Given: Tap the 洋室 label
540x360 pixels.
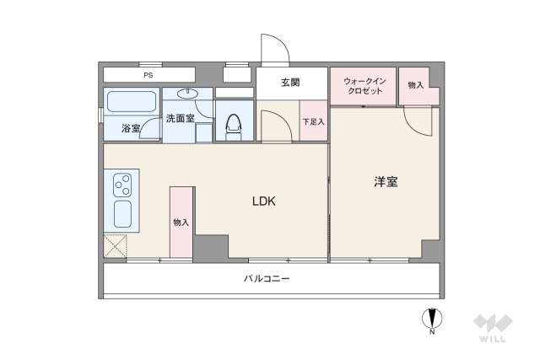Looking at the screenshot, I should [386, 181].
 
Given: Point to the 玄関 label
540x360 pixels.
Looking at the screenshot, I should [290, 82].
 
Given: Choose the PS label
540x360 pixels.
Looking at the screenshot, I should [148, 75].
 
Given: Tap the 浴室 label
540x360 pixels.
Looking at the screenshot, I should [131, 129].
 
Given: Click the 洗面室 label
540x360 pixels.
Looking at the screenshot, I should [180, 119].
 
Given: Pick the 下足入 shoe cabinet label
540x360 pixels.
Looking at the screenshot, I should [313, 122].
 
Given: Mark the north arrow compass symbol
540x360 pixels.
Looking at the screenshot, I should [431, 320].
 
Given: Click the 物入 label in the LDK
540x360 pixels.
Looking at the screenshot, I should [181, 223].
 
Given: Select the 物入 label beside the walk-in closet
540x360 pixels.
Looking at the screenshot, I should [415, 85].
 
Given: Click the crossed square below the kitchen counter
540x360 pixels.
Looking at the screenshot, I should [115, 245].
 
